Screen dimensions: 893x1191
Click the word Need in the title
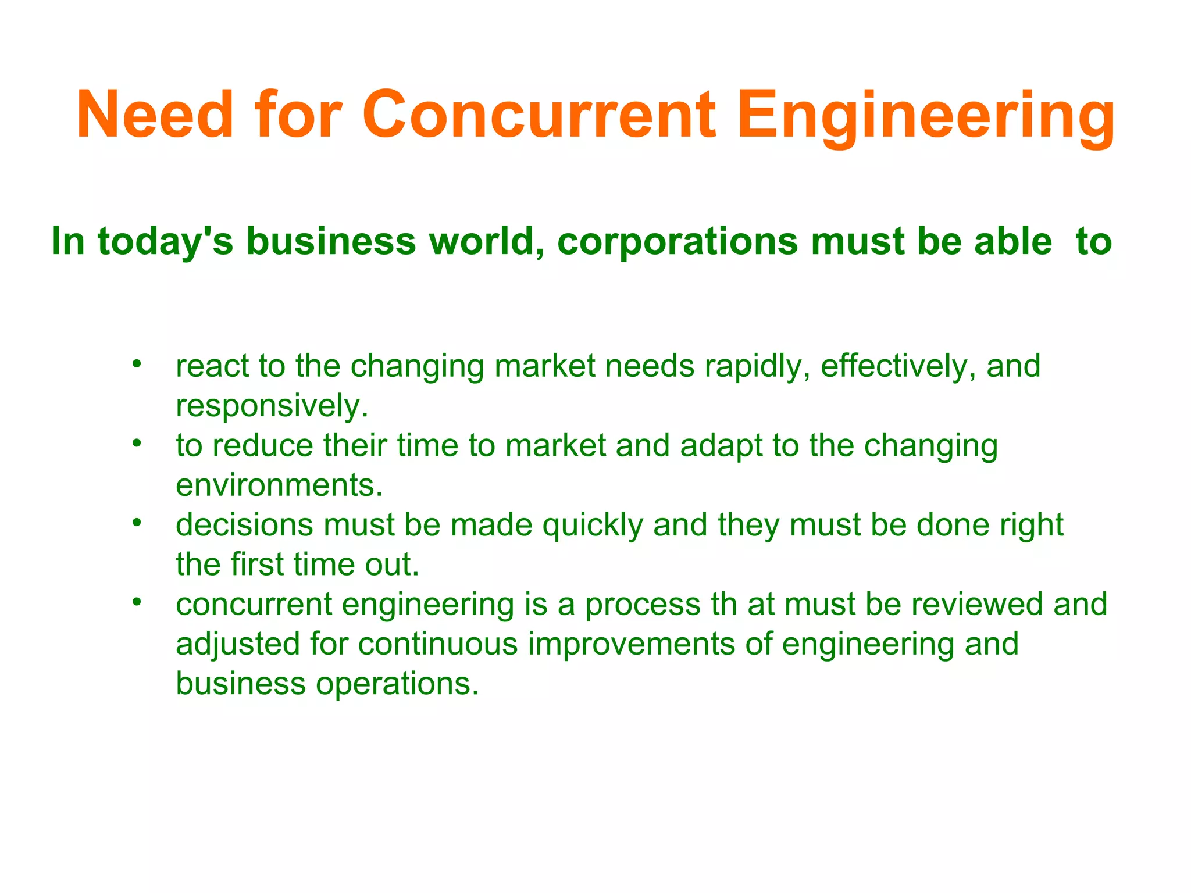tap(155, 115)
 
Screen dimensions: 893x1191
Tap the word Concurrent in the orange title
tap(539, 115)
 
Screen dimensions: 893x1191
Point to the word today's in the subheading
tap(166, 241)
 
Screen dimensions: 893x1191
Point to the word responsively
tap(272, 406)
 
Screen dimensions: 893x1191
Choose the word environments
tap(279, 485)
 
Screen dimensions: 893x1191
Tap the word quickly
tap(593, 526)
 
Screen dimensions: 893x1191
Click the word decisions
tap(244, 524)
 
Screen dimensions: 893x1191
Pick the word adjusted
tap(237, 645)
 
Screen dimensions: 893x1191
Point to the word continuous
tap(437, 644)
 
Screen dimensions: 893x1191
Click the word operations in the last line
tap(397, 684)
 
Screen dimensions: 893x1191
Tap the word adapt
tap(721, 446)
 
